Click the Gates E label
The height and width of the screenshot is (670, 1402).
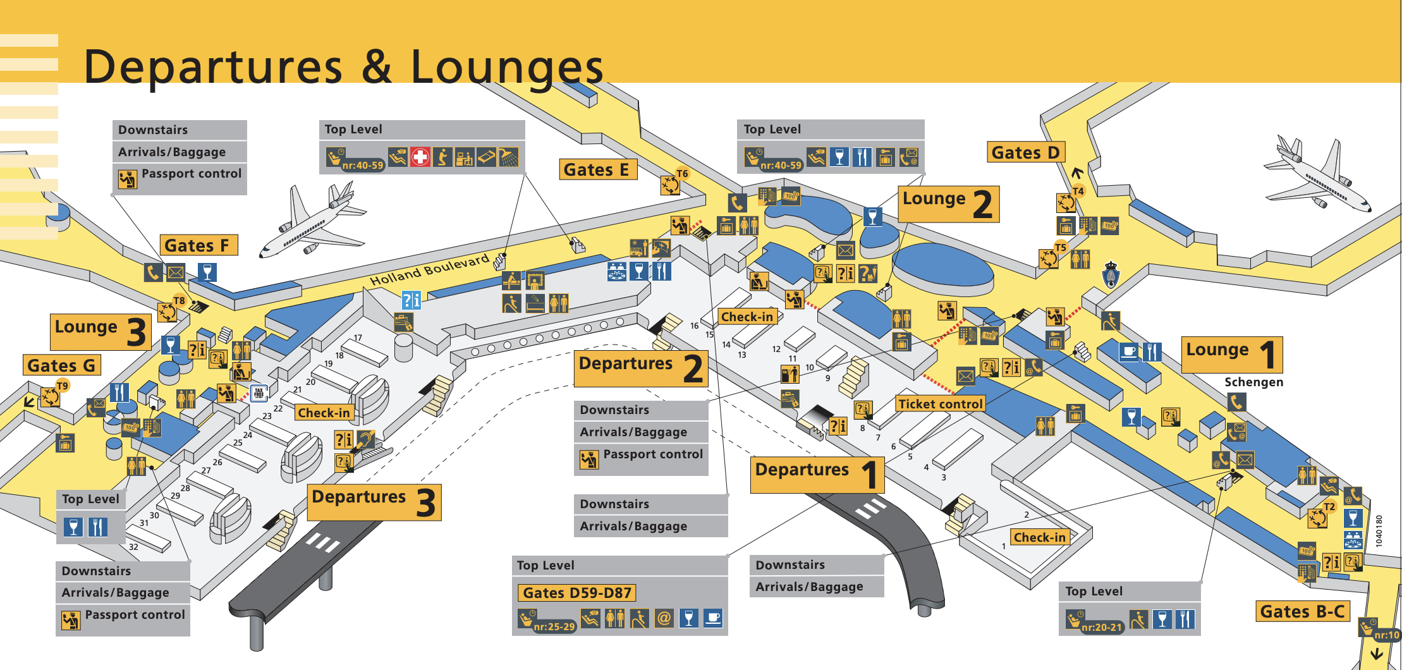[597, 170]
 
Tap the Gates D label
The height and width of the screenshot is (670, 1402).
[1025, 152]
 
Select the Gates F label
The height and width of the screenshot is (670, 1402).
[198, 245]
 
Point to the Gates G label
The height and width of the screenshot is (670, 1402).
[61, 365]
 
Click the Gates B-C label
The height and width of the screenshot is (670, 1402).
[1302, 611]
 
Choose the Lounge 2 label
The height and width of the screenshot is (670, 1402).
[948, 204]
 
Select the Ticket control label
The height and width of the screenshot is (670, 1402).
[941, 404]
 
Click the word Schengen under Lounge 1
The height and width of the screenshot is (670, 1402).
[1253, 382]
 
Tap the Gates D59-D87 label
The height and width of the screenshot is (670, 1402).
[576, 593]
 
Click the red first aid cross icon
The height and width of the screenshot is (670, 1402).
[420, 156]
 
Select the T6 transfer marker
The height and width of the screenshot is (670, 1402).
[682, 173]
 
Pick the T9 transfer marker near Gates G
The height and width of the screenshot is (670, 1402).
[62, 386]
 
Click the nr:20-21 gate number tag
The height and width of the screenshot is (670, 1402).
[1101, 627]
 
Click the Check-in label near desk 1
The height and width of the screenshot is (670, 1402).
[1039, 537]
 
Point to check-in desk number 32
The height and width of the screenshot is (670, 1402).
[133, 547]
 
